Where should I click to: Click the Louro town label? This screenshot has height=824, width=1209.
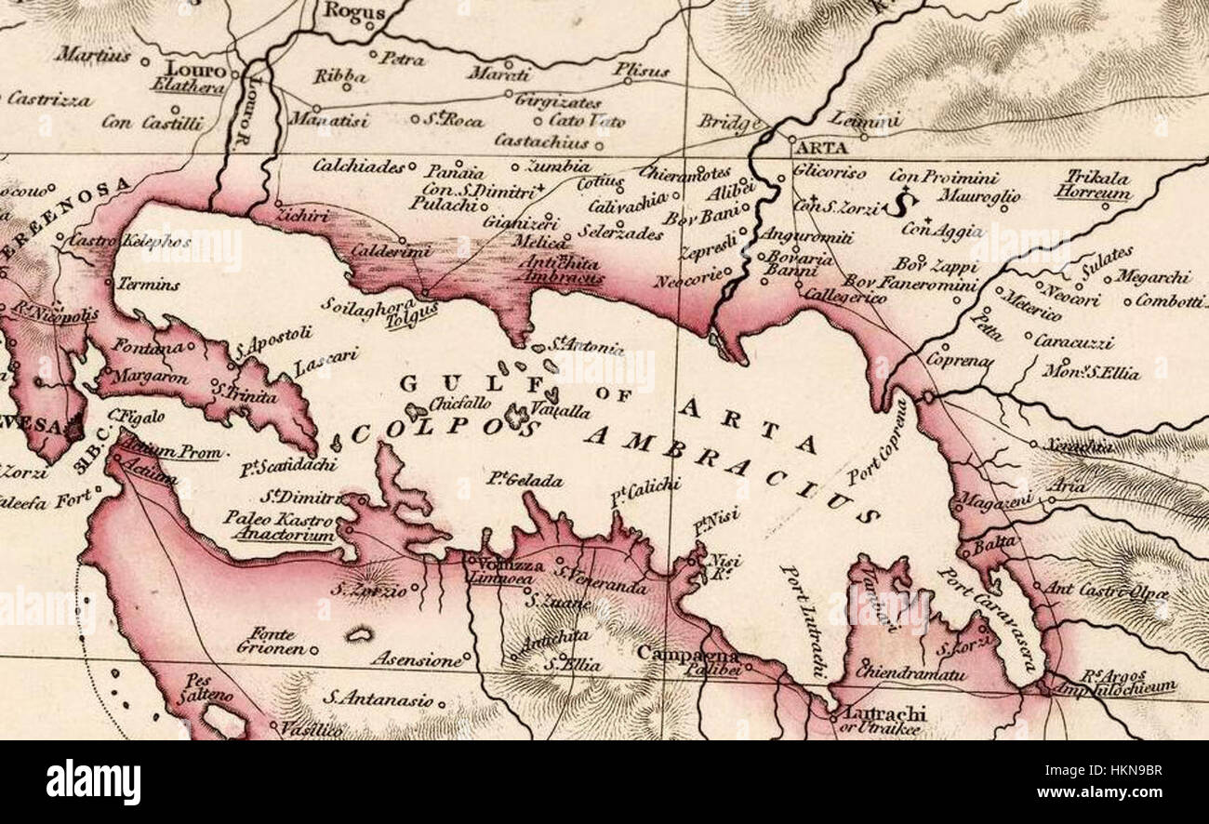pyautogui.click(x=195, y=71)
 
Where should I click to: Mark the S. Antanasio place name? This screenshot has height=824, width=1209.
pyautogui.click(x=378, y=697)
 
